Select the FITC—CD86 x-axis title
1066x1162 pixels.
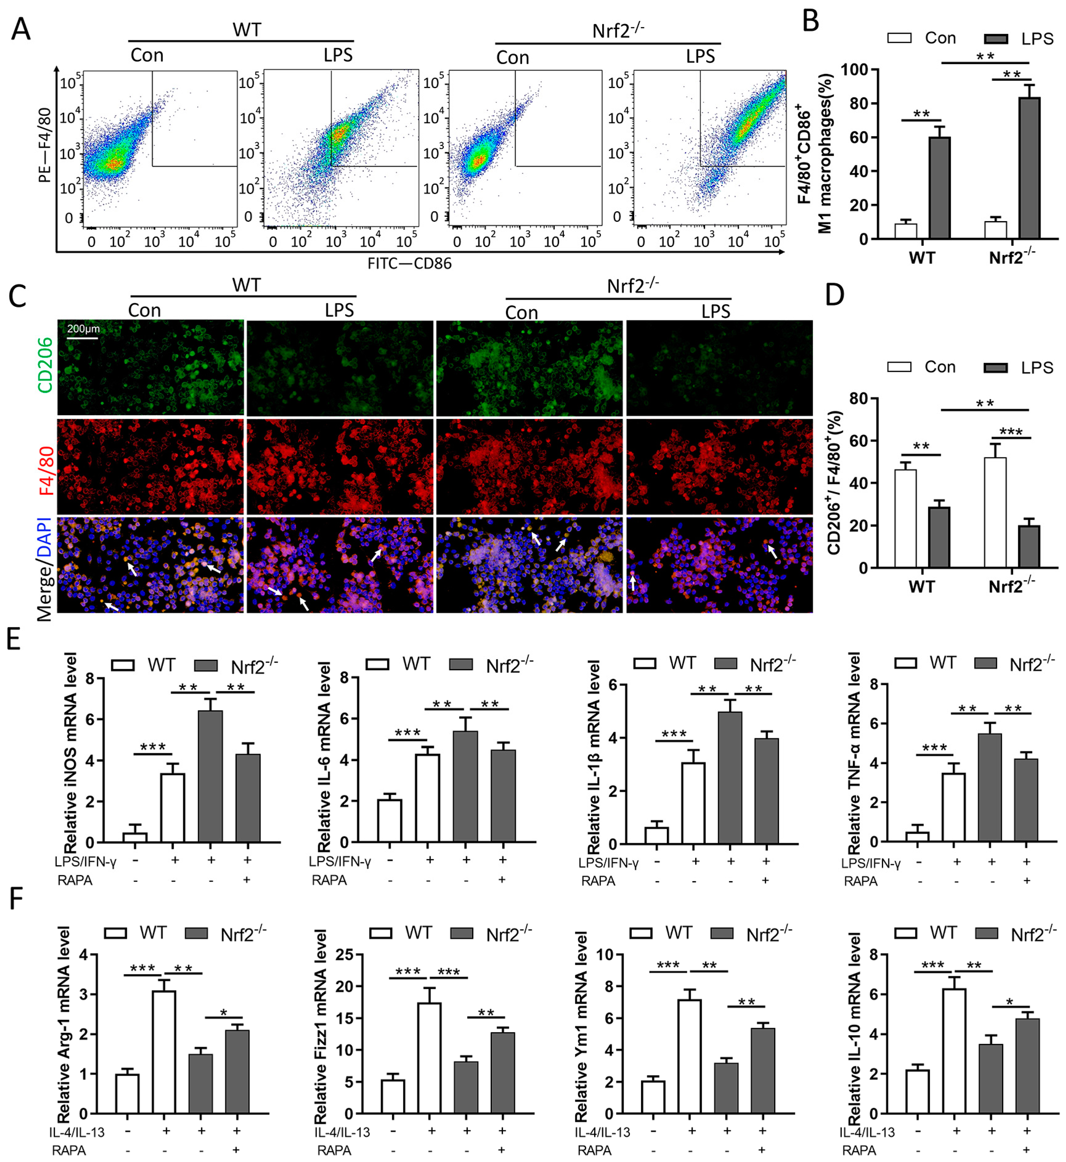click(x=410, y=264)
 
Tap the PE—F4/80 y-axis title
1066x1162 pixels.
click(x=45, y=145)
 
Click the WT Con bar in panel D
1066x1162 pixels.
click(x=905, y=519)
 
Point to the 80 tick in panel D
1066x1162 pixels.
click(x=860, y=399)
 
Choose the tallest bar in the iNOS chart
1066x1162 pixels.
click(x=210, y=777)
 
